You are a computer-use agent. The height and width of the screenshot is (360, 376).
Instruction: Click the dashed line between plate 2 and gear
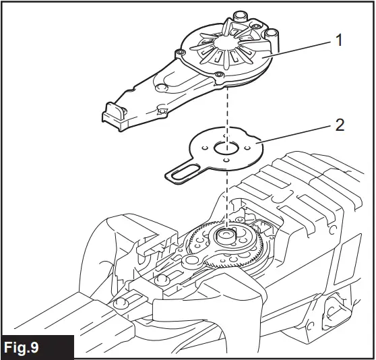(x=227, y=196)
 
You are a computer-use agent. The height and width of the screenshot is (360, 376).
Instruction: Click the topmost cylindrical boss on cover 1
(x=240, y=16)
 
